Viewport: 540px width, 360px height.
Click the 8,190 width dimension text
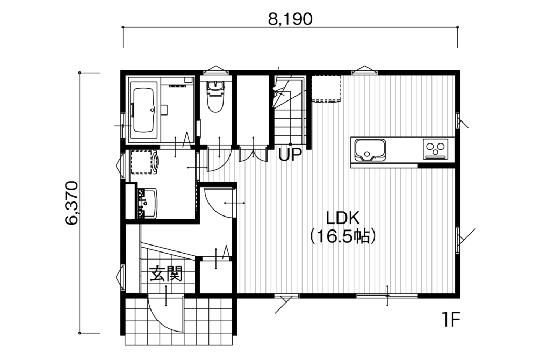click(290, 19)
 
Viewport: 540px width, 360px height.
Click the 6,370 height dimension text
click(72, 203)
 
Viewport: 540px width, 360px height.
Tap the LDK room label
click(343, 218)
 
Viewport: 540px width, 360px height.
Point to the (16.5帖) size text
click(342, 236)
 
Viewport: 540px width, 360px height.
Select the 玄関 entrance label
click(165, 274)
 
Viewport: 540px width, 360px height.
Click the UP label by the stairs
click(290, 155)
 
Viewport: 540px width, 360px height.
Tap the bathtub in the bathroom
click(143, 110)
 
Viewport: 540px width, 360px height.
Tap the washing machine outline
click(145, 162)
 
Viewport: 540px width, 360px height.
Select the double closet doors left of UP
click(253, 154)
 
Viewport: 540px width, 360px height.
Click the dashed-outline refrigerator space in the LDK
click(326, 89)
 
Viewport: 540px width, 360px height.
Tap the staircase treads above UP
click(289, 110)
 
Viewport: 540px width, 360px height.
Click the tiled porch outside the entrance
click(179, 322)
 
